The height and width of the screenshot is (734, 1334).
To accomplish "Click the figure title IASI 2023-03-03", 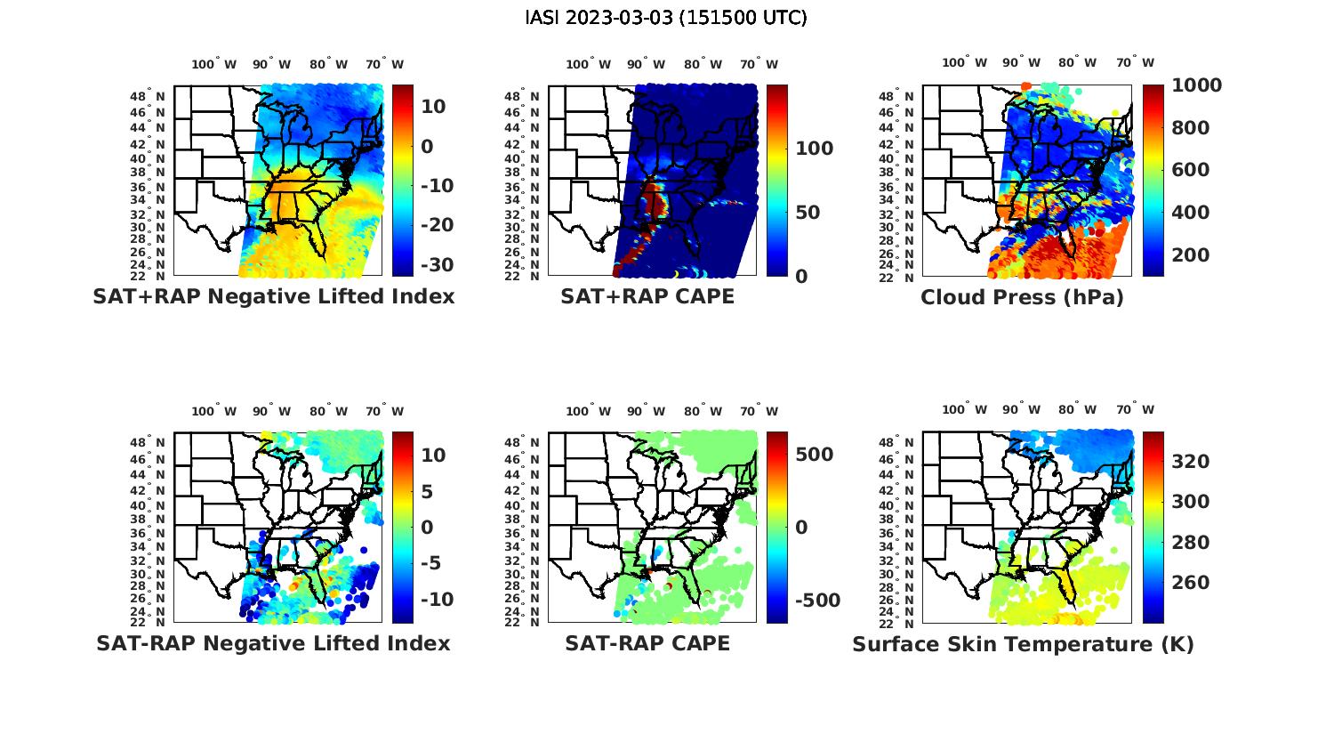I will [666, 18].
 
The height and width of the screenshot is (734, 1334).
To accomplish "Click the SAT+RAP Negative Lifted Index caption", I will [274, 297].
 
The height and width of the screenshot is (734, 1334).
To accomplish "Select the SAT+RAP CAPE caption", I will [647, 297].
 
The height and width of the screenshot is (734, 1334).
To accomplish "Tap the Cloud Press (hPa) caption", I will [1022, 297].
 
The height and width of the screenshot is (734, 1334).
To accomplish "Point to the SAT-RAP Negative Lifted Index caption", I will [274, 643].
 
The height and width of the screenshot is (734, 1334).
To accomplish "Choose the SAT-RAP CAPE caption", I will [647, 643].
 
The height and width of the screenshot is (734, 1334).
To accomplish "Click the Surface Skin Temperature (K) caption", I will [1023, 644].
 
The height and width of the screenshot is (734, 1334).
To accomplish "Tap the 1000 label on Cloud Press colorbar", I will [1196, 85].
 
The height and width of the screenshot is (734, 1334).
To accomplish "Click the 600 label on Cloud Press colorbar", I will [1187, 170].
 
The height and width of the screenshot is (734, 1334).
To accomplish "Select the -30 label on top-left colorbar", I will [437, 265].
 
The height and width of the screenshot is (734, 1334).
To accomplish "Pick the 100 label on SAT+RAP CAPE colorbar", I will [814, 149].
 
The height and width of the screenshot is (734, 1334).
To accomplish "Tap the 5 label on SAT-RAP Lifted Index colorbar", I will [426, 491].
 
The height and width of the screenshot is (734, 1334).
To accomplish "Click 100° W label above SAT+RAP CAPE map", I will [589, 64].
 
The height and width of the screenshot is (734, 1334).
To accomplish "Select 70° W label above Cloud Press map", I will [1135, 62].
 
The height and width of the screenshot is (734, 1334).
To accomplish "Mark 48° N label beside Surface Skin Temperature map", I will [907, 442].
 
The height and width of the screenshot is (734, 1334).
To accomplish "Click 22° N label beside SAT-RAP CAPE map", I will [533, 622].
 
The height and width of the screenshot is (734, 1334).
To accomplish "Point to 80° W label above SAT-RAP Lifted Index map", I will [328, 411].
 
